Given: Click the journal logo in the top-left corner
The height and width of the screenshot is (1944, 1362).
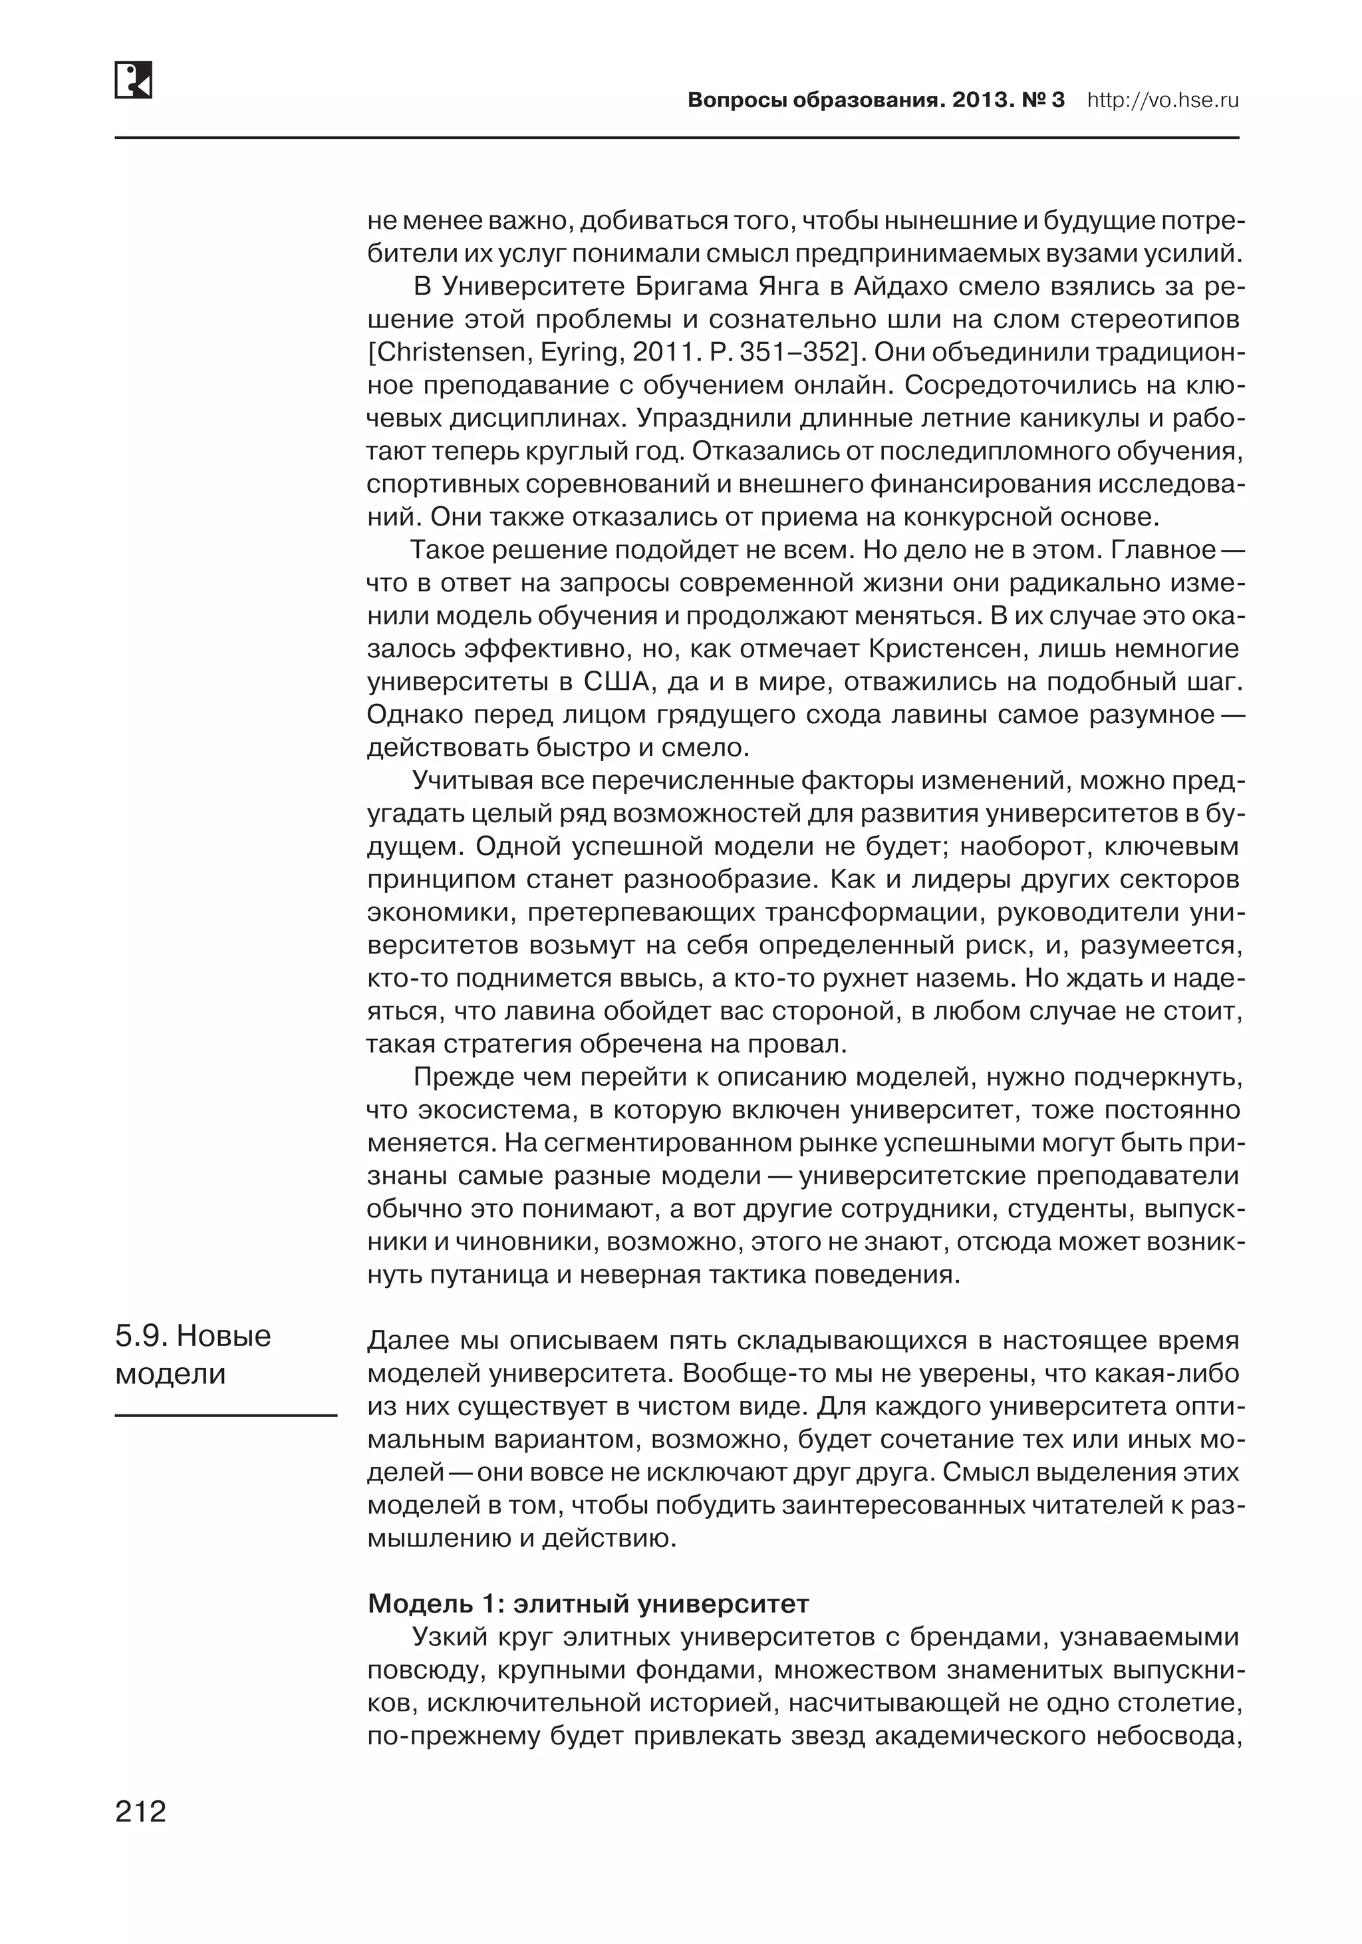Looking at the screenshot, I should click(x=133, y=81).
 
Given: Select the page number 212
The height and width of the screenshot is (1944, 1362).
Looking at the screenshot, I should click(x=140, y=1811).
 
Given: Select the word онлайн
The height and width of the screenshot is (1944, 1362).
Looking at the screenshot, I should click(x=841, y=385).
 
